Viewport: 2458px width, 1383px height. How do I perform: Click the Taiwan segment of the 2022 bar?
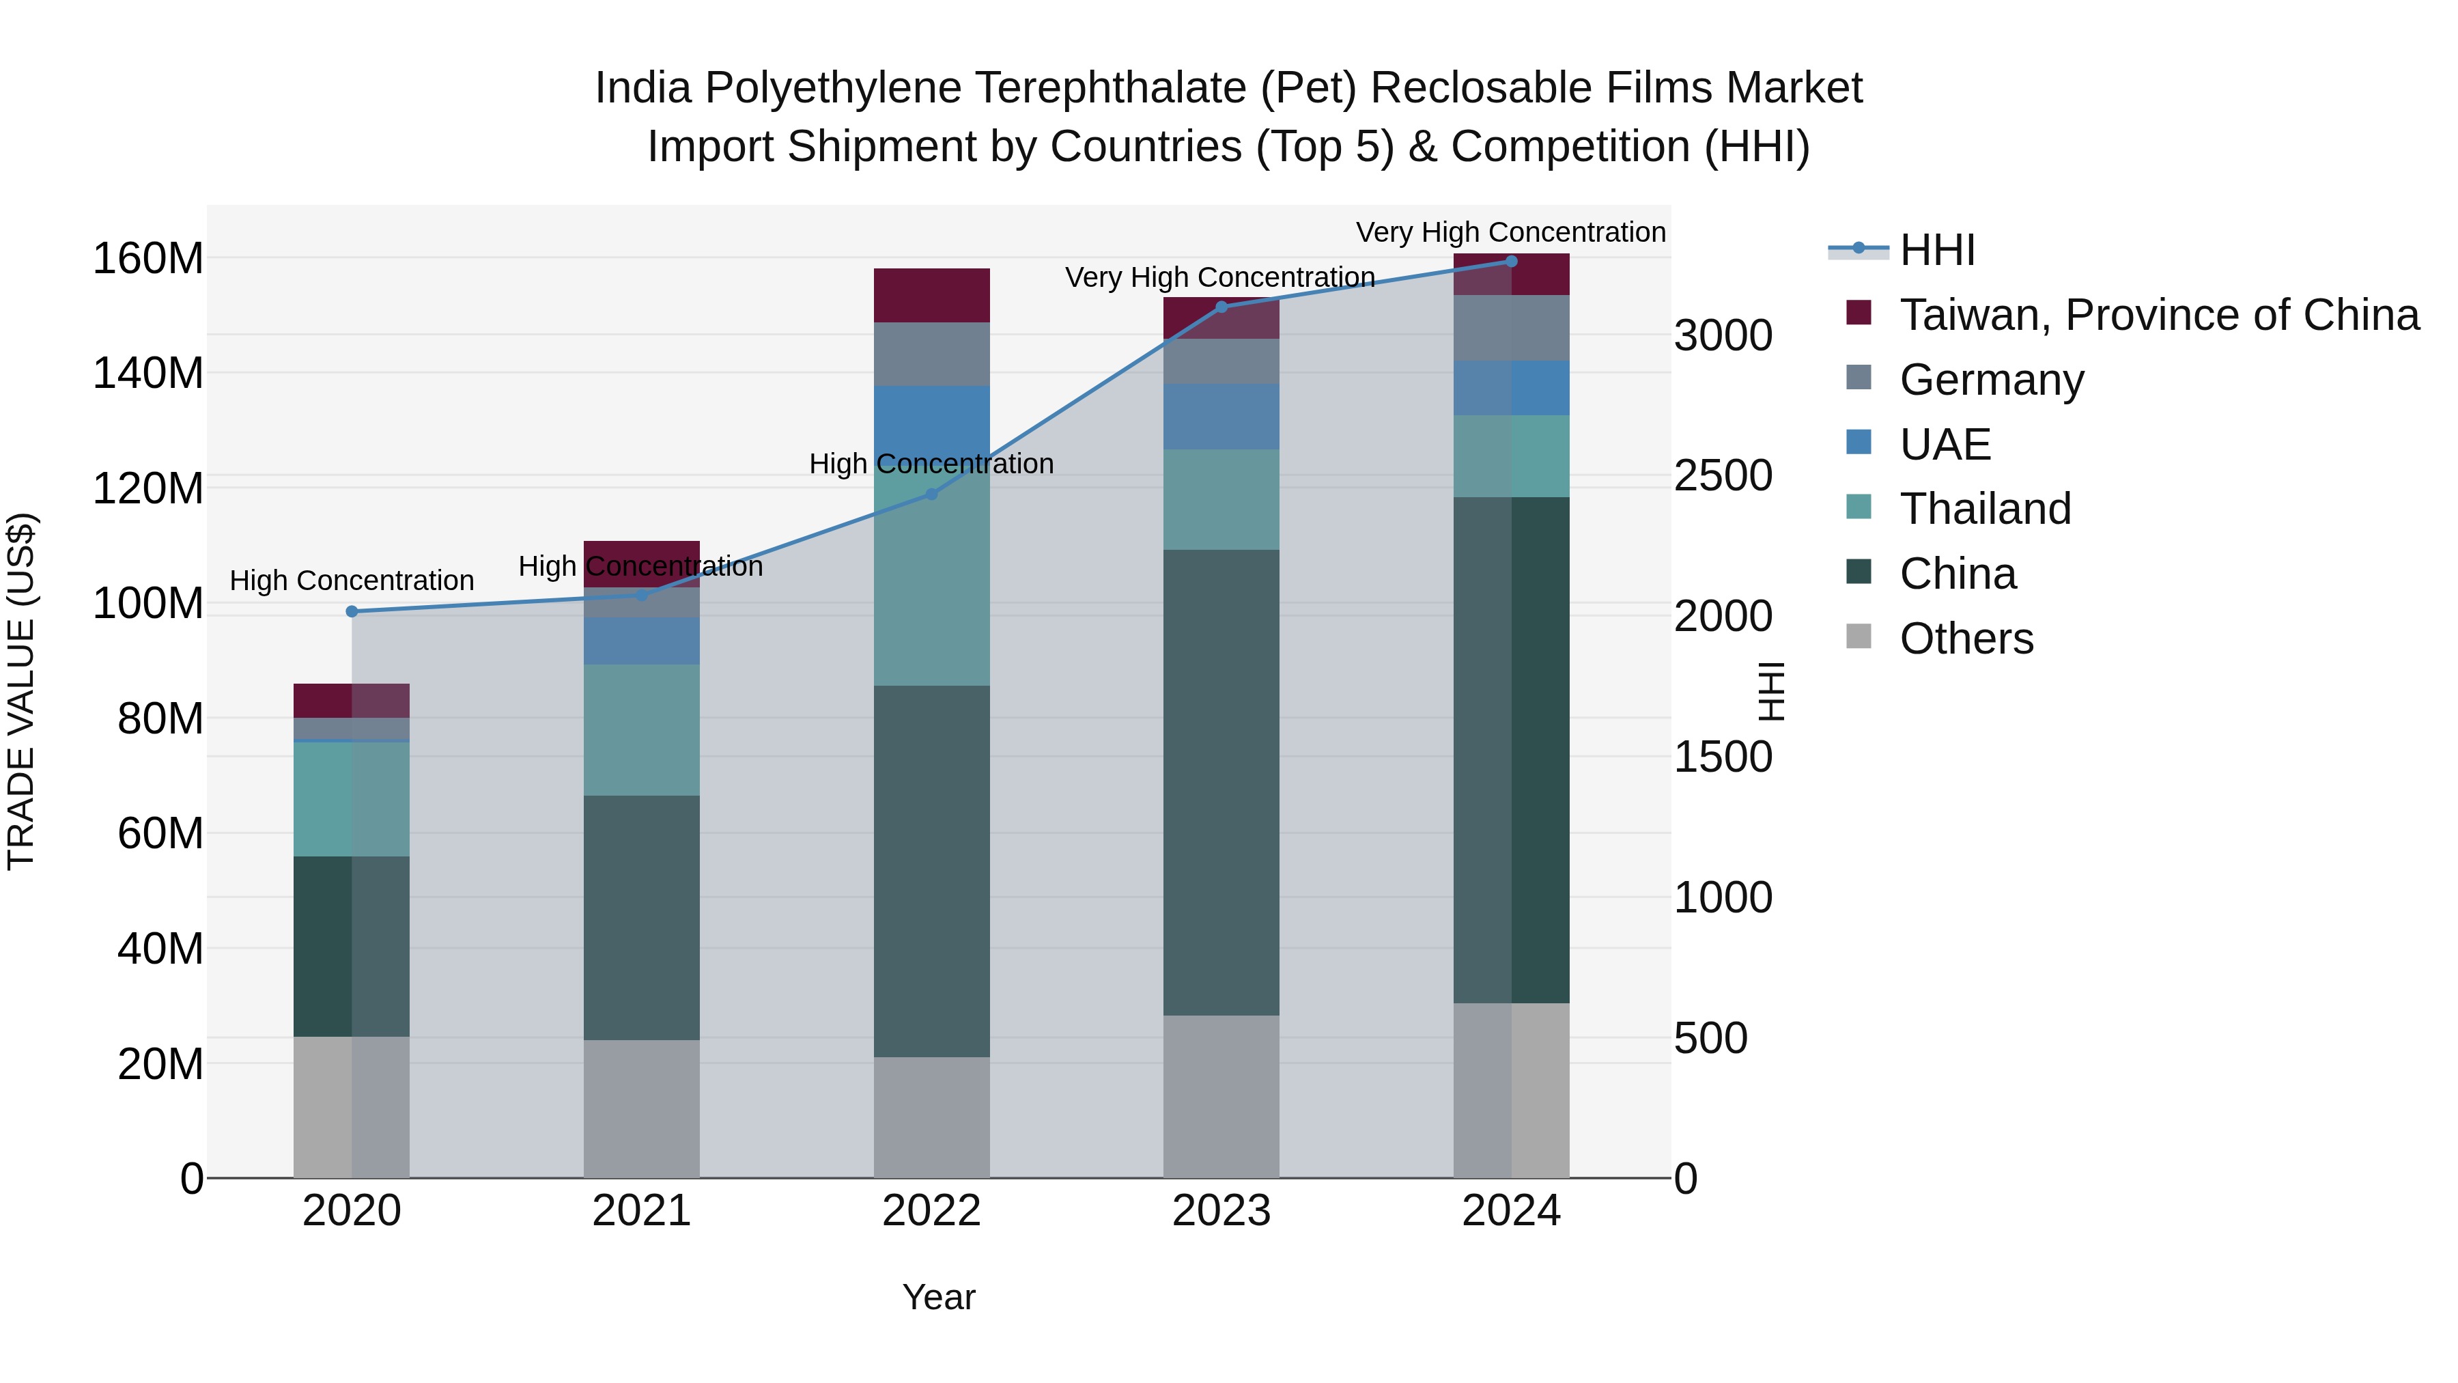(931, 295)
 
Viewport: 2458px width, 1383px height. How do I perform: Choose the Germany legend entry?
(1992, 380)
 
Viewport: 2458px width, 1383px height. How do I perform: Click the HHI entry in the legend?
(1936, 250)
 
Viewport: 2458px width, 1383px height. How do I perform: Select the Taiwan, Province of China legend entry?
(2158, 315)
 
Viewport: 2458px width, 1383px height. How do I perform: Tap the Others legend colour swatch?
(1859, 637)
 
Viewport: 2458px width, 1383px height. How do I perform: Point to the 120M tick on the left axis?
(148, 489)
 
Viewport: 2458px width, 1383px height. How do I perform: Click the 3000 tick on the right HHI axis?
(1723, 336)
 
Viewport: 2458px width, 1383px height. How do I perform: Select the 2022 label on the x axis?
(931, 1211)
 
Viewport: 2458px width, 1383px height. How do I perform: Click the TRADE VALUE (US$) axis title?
(21, 691)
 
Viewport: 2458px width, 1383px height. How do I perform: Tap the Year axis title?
(938, 1297)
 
